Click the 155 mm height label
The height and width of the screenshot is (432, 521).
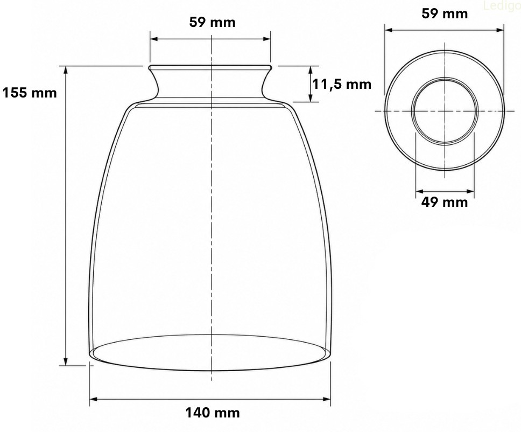30,93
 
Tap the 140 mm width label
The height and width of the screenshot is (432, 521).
213,413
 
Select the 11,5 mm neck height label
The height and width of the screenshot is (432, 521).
342,85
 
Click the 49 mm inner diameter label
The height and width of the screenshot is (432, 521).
445,202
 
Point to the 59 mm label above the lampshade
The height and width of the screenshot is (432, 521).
212,22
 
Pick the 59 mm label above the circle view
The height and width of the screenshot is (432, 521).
445,13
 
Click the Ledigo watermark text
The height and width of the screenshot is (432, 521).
502,6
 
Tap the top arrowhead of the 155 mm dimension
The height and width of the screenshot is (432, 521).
66,69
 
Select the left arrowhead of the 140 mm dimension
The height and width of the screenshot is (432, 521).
93,399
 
